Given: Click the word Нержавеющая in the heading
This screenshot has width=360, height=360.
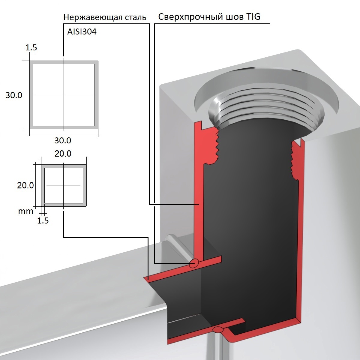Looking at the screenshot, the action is point(93,18).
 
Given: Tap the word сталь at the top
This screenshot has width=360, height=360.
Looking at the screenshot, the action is point(135,17).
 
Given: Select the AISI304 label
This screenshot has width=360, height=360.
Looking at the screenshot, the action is point(82,32).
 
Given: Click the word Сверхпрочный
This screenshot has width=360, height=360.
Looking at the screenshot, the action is point(191,17).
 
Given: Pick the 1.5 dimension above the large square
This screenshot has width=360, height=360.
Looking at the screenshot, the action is point(31,48).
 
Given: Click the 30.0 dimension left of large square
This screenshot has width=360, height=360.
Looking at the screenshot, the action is point(14,95).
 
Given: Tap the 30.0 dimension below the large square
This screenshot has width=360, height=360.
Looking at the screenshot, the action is point(63,140).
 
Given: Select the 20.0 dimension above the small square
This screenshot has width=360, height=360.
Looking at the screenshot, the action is point(63,154).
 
